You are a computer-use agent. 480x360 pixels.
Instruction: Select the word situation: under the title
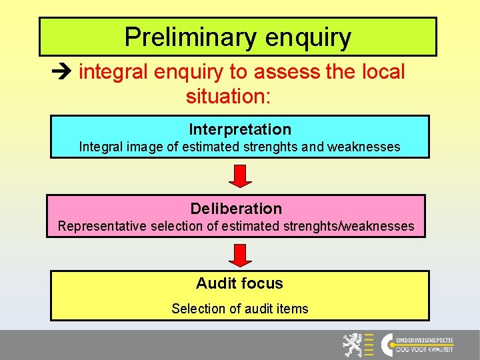tap(229, 96)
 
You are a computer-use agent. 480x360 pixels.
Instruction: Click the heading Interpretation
tap(240, 129)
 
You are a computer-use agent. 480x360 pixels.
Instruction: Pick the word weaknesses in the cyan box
tap(364, 147)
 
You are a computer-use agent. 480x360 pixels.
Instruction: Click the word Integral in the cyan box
tap(100, 147)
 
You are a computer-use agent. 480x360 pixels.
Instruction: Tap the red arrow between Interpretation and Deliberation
tap(240, 176)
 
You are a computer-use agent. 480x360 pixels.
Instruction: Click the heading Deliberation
tap(236, 209)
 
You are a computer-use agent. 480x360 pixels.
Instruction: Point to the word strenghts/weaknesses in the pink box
tap(350, 226)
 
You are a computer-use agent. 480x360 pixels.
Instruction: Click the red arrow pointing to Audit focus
tap(240, 255)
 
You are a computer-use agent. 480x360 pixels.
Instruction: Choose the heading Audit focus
tap(239, 283)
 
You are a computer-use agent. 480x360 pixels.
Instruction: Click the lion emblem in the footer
tap(353, 345)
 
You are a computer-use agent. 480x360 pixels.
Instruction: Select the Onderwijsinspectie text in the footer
tap(425, 339)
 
